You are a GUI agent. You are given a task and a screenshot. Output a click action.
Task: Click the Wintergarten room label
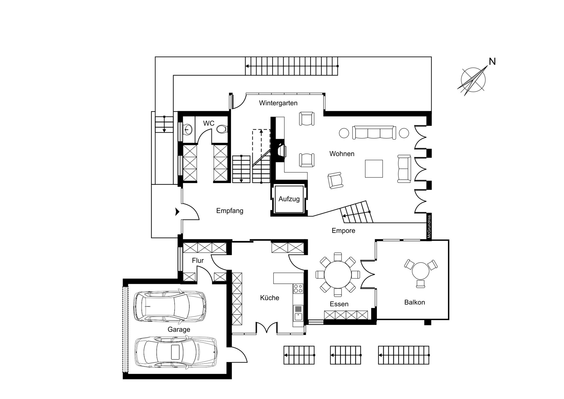click(278, 103)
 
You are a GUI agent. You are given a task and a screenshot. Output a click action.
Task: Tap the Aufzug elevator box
click(289, 199)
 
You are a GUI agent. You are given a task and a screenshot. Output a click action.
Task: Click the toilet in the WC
click(222, 129)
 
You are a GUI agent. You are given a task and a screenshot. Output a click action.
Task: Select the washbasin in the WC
click(188, 129)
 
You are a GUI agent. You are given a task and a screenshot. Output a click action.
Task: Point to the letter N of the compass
click(492, 61)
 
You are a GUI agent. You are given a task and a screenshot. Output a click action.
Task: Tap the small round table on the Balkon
click(421, 271)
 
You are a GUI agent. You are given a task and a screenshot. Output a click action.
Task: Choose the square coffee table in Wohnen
click(374, 169)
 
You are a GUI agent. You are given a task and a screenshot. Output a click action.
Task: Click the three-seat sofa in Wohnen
click(374, 133)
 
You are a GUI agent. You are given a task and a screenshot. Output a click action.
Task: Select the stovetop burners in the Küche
click(298, 288)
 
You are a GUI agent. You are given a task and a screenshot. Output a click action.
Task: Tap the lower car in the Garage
click(176, 352)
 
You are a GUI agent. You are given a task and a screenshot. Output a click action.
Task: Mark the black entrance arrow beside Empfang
click(177, 211)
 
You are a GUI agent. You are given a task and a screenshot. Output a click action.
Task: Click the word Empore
click(343, 231)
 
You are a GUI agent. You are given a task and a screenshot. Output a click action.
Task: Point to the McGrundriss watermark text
click(429, 227)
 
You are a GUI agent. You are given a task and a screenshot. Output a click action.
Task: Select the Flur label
click(198, 261)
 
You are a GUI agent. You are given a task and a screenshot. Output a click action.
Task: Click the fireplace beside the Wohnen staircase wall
click(280, 151)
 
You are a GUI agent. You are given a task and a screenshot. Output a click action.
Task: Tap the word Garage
click(179, 330)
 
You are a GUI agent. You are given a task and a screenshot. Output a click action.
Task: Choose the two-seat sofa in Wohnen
click(404, 169)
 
